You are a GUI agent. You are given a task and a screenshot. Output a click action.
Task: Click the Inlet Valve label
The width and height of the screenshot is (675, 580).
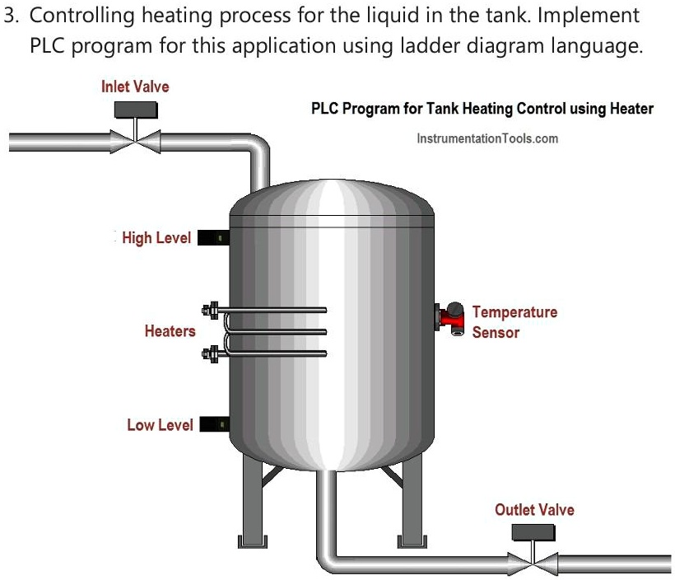click(135, 87)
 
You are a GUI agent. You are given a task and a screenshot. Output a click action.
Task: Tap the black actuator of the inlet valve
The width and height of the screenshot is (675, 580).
click(136, 110)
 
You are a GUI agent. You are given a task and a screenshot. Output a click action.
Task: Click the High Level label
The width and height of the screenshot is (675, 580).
click(156, 238)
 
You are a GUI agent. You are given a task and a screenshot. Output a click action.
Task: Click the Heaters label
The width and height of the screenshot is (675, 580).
click(170, 331)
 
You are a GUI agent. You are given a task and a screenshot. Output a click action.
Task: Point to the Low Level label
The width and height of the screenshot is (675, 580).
click(160, 425)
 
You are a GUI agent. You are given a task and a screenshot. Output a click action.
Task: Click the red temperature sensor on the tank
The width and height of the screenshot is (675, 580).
click(451, 316)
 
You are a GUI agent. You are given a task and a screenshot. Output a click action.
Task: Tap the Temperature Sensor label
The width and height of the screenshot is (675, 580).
click(514, 322)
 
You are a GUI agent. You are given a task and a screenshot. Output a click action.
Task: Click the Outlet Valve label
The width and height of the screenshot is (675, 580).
click(534, 510)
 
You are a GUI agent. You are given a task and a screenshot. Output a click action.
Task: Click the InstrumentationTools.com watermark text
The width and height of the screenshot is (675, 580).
click(487, 138)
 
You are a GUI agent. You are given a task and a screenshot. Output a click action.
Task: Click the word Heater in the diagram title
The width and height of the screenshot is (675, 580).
click(630, 109)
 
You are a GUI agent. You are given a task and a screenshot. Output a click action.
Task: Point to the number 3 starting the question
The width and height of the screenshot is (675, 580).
click(9, 16)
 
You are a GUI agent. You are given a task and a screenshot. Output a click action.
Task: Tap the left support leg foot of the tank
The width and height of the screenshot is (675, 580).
click(249, 541)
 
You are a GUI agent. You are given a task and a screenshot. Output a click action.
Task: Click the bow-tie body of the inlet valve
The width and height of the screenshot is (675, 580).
click(136, 141)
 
